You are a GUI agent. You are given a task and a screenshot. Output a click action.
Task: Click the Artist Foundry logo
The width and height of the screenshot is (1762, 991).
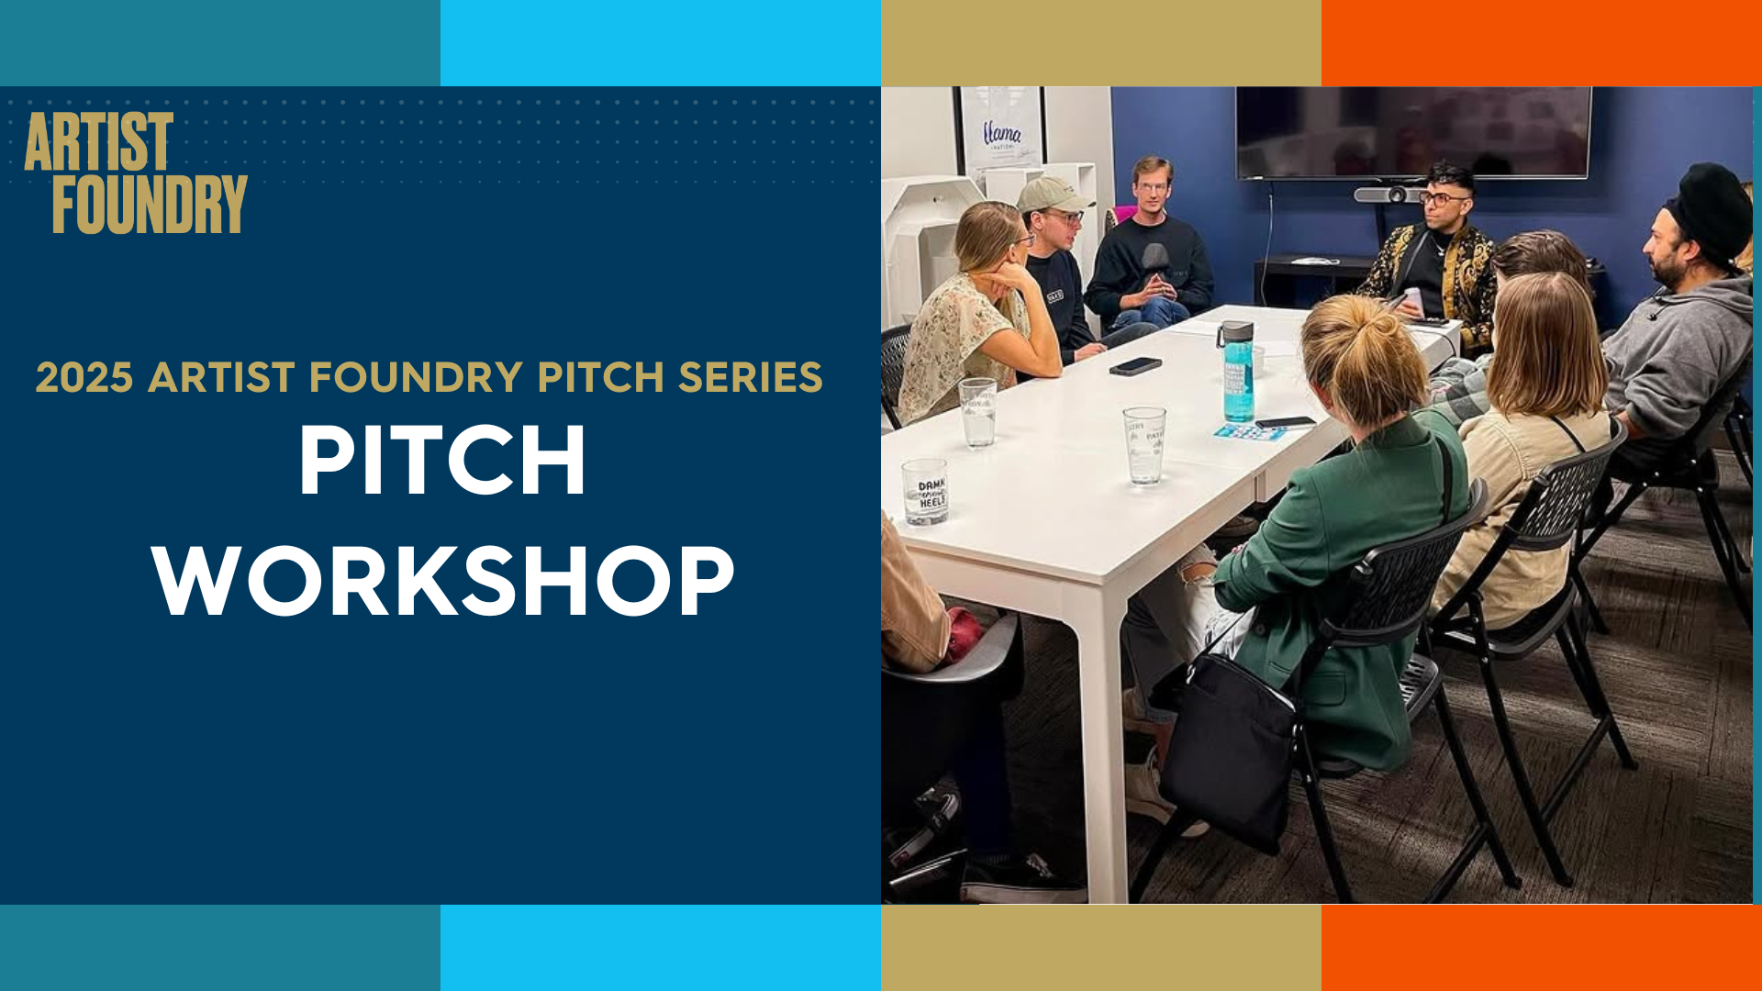[x=136, y=173]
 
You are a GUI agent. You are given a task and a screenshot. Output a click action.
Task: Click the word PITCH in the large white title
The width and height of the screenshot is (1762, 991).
[x=442, y=461]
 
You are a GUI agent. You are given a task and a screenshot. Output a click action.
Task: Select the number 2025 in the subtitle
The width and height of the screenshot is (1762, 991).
[x=84, y=377]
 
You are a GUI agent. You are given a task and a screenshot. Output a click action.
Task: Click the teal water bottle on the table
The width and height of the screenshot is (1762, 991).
[x=1237, y=373]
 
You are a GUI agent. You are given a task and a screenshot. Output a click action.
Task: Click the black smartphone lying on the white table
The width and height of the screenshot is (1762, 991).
[x=1135, y=366]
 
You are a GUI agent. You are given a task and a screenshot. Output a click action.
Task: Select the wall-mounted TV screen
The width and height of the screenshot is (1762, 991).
[x=1412, y=131]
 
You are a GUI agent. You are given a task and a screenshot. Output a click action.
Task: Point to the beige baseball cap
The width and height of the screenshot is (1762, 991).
[x=1053, y=195]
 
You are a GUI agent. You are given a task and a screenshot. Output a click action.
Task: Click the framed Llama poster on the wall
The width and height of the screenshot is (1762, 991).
[x=1001, y=128]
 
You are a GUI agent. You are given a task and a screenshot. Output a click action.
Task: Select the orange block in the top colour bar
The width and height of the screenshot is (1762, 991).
[x=1541, y=43]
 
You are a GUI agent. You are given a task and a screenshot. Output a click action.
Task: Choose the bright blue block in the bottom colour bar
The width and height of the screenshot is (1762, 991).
[x=660, y=948]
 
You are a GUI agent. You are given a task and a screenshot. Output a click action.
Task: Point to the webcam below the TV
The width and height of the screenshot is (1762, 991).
[x=1389, y=195]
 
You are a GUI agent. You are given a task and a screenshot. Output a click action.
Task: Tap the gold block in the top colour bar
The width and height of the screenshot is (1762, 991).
[x=1100, y=43]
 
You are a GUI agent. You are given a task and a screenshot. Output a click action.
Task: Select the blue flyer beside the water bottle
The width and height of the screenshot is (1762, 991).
[x=1250, y=432]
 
